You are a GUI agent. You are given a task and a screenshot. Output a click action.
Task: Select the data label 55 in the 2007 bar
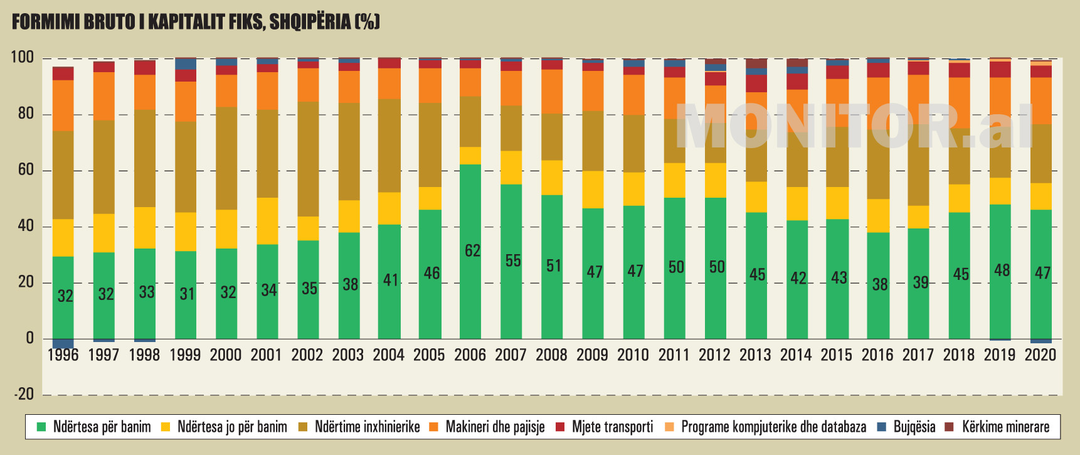coord(513,260)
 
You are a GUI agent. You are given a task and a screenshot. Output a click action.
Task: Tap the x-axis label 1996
coord(63,355)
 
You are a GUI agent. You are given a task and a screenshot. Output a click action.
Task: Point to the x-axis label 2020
coord(1040,355)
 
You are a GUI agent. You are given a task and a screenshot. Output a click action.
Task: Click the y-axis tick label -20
coord(24,394)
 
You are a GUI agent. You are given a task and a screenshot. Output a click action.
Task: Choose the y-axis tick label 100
coord(22,58)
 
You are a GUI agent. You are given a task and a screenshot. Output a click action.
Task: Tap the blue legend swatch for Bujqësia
coord(882,427)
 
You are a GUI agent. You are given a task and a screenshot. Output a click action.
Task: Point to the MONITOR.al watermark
coord(856,126)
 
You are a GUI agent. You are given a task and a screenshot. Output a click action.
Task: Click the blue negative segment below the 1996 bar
coord(63,344)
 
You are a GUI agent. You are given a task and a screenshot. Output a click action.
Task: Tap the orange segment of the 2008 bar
coord(553,92)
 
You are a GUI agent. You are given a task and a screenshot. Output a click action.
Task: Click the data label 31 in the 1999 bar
coord(187,294)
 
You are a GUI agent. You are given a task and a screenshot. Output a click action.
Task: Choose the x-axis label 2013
coord(755,355)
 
